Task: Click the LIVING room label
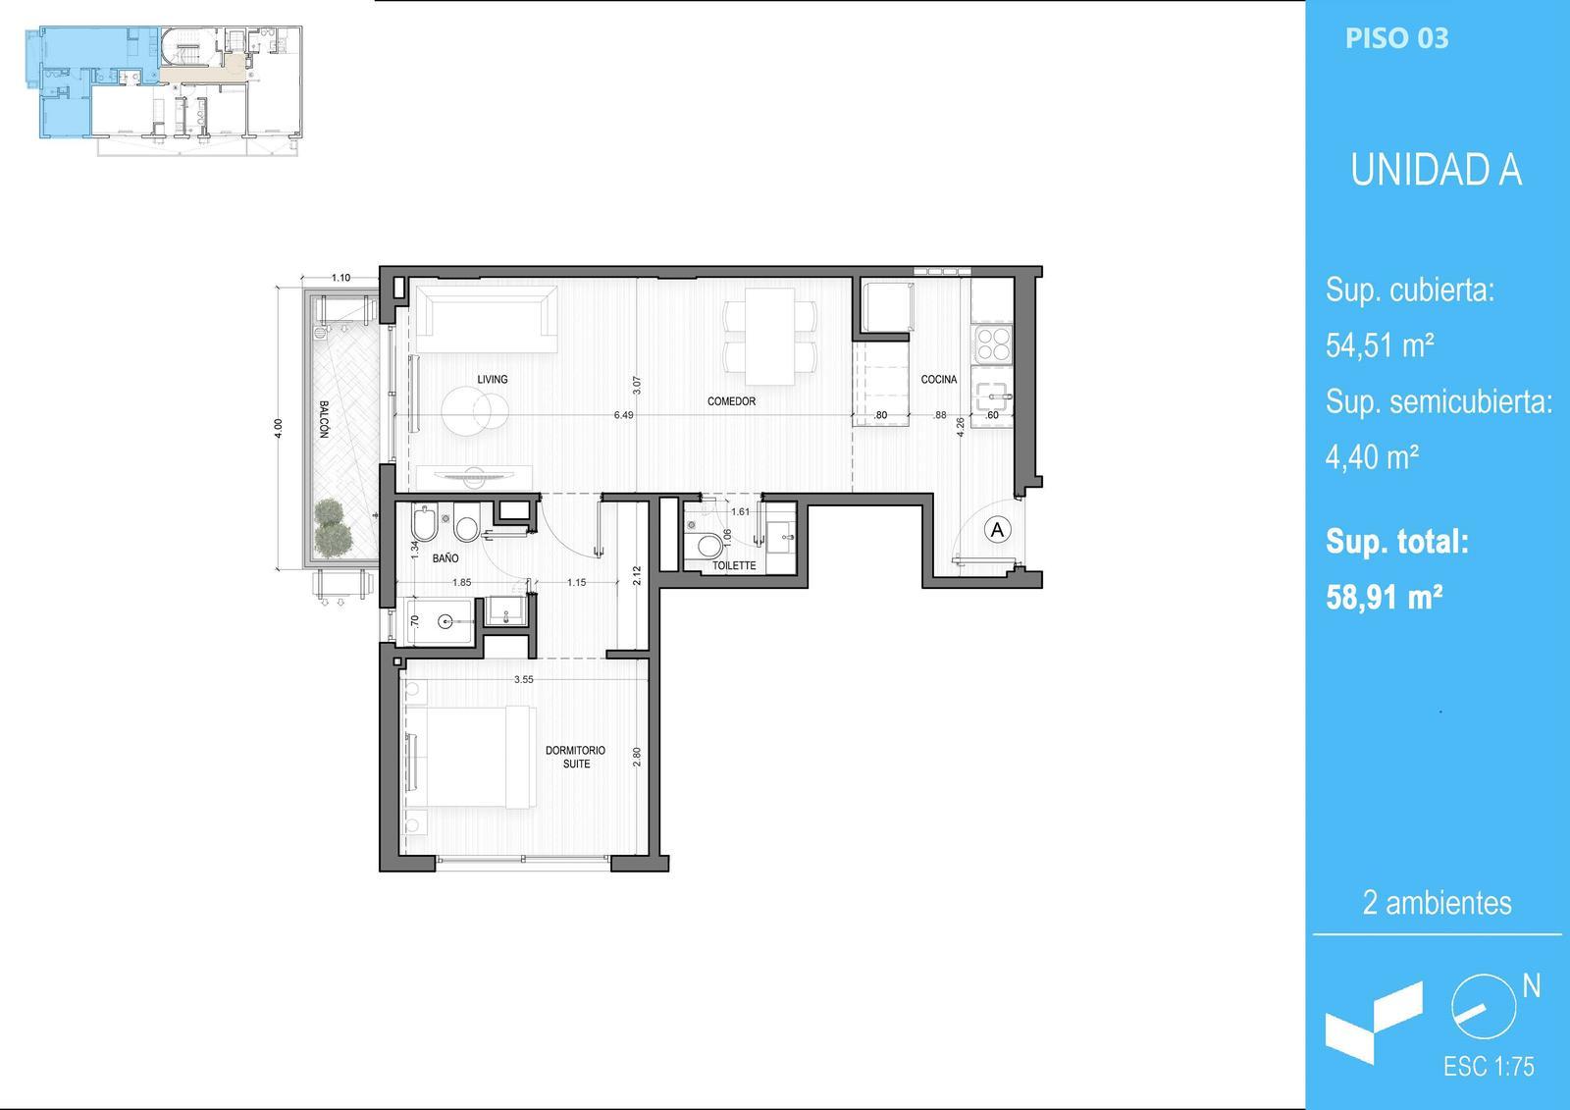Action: click(x=492, y=380)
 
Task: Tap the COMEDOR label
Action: click(x=731, y=401)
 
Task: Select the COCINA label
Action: click(x=938, y=380)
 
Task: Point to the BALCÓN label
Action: click(x=324, y=419)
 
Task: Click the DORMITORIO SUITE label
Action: click(x=575, y=757)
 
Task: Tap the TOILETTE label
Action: click(x=734, y=565)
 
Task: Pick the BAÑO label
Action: click(x=445, y=558)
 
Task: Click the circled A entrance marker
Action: click(x=997, y=530)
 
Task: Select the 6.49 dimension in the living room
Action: click(x=623, y=415)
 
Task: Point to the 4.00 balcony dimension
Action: click(x=279, y=429)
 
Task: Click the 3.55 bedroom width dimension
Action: click(x=524, y=679)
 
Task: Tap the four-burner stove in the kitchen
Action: click(x=993, y=344)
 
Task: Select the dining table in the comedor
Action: click(x=769, y=336)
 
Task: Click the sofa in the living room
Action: click(x=487, y=319)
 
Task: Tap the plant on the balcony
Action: click(x=332, y=527)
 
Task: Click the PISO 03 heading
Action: click(x=1396, y=38)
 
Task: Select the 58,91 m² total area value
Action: click(x=1384, y=598)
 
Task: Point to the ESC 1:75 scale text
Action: click(x=1488, y=1067)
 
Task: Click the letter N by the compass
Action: click(x=1532, y=986)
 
